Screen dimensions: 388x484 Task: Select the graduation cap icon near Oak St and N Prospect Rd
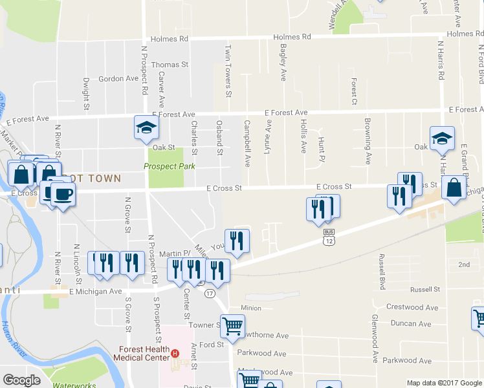(x=146, y=127)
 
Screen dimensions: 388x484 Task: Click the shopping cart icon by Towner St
(x=232, y=326)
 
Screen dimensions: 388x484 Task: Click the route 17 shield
(x=209, y=293)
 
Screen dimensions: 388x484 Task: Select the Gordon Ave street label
(x=118, y=79)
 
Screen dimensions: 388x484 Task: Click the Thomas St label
(x=170, y=65)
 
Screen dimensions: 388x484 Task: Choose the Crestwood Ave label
(x=412, y=307)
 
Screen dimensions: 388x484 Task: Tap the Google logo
(x=21, y=380)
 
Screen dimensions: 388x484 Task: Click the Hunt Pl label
(x=320, y=145)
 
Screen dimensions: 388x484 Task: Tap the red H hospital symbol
(x=175, y=352)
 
